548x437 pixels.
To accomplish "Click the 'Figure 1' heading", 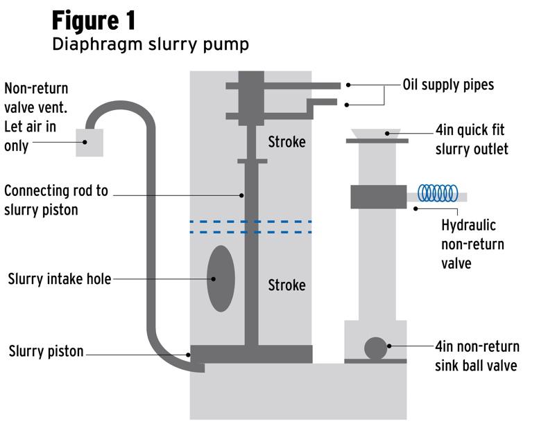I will click(94, 20).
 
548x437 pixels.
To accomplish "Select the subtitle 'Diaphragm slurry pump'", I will click(150, 45).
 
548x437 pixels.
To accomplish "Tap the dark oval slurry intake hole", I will click(221, 278).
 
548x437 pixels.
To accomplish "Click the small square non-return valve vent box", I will click(89, 142).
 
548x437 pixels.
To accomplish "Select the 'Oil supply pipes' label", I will click(448, 85).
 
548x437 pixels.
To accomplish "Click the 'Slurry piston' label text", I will click(46, 352).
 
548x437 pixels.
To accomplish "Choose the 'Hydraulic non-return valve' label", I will click(472, 244).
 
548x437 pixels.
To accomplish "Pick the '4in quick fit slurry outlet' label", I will click(472, 140).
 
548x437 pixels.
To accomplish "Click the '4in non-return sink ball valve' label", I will click(477, 356).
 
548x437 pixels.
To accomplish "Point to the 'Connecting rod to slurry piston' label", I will click(56, 199).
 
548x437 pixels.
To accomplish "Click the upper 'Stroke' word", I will click(286, 142).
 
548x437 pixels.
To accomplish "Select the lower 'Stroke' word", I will click(286, 285).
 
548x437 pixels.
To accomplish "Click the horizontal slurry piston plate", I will click(251, 354).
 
